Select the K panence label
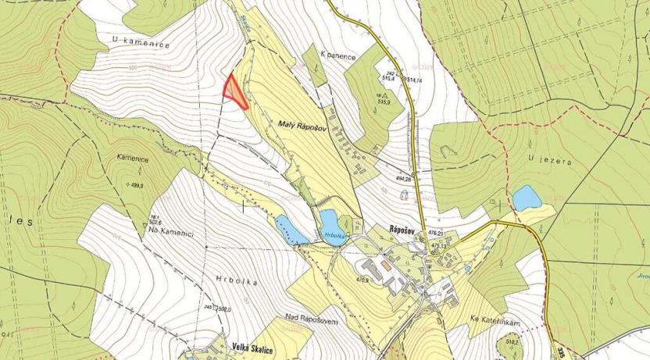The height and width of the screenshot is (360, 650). tap(339, 56)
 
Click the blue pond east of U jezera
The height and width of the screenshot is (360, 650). tap(526, 198)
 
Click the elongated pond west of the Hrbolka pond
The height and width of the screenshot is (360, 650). tap(290, 230)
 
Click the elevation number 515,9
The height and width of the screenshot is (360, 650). tap(384, 100)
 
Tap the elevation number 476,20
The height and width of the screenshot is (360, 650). tap(435, 233)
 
